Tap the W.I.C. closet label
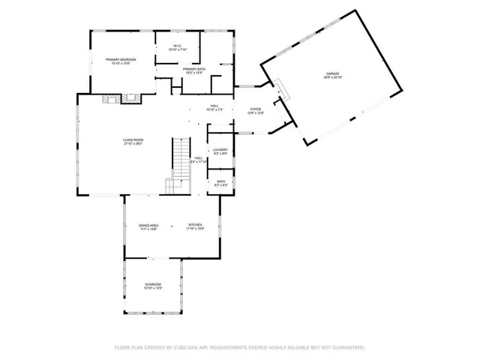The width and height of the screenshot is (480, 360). tap(177, 46)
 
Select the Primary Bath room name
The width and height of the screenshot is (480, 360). tap(194, 69)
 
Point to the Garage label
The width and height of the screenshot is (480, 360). tap(332, 73)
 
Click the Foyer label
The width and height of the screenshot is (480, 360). tap(256, 109)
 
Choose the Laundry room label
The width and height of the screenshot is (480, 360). tap(220, 150)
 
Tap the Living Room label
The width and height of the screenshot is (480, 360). tap(133, 139)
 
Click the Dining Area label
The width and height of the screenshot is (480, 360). tap(148, 225)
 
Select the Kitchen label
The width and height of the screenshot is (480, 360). tap(196, 225)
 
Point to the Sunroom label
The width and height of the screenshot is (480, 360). tap(152, 283)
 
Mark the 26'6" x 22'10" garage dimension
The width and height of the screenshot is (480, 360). tap(332, 78)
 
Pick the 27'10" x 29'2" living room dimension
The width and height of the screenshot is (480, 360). tap(133, 144)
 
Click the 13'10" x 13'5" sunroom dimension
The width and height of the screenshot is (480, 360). tap(152, 288)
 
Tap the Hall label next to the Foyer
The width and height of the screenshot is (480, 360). tap(214, 106)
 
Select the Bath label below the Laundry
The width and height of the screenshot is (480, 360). tap(220, 181)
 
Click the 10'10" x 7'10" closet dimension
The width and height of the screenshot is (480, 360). tap(177, 50)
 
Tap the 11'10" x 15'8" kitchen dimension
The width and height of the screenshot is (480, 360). tap(196, 229)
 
